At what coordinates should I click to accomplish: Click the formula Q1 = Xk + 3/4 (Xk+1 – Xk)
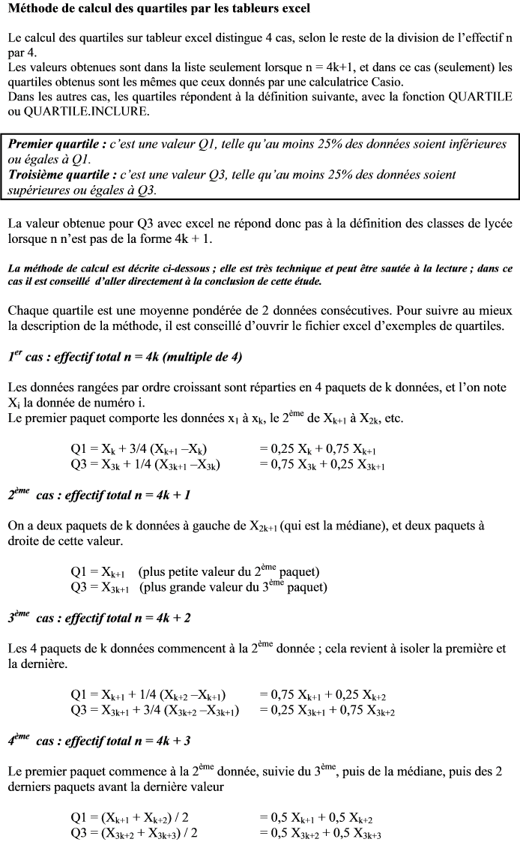[139, 449]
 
